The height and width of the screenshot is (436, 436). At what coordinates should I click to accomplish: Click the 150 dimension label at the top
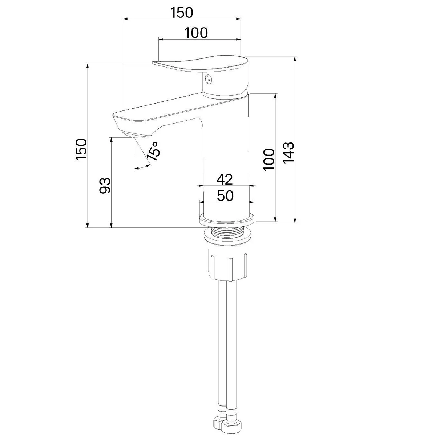click(182, 13)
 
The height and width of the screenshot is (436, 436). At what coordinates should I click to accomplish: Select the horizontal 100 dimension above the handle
click(196, 33)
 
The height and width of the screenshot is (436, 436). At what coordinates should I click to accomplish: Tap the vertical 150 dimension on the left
click(81, 150)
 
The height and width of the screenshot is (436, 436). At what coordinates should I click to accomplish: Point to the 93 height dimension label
click(105, 186)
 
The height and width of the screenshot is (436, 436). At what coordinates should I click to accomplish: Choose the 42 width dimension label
click(225, 179)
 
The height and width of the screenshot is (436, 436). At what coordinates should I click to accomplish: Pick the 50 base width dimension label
click(225, 196)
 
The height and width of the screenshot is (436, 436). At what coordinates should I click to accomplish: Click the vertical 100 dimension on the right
click(269, 160)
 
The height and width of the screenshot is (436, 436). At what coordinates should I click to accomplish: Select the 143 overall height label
click(289, 153)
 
